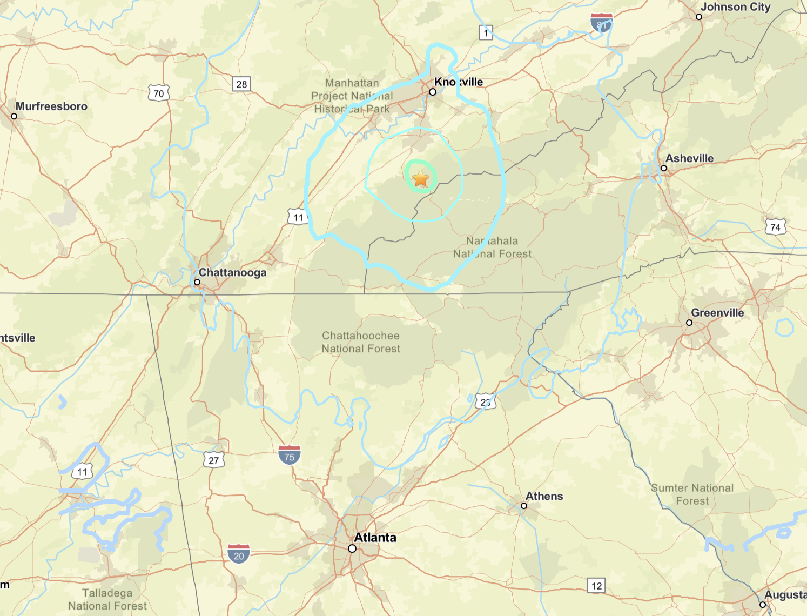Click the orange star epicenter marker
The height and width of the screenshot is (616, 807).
pos(420,178)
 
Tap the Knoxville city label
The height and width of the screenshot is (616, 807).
pos(459,82)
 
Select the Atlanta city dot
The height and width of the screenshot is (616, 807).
pos(352,548)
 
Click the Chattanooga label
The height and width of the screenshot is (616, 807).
pos(232,273)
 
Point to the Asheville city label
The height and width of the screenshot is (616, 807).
pos(689,158)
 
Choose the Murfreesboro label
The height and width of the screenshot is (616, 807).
pos(51,106)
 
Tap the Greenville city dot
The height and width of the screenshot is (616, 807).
pos(689,323)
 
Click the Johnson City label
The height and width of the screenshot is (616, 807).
pos(735,7)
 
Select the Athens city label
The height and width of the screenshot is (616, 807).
pos(544,496)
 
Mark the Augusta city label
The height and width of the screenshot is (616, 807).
pos(785,595)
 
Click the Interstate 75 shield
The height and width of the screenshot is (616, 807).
pos(290,456)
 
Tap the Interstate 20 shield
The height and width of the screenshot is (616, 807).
pos(239,554)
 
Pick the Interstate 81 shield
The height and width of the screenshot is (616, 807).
pos(601,23)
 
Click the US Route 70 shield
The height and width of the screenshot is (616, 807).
pos(159,93)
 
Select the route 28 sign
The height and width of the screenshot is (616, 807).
pos(241,84)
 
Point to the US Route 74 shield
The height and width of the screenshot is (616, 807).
pos(775,227)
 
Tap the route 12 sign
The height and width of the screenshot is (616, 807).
pos(596,586)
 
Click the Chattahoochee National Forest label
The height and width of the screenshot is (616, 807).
pos(361,343)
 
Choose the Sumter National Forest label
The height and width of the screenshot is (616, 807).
pos(692,494)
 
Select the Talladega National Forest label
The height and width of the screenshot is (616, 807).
pos(107,600)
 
